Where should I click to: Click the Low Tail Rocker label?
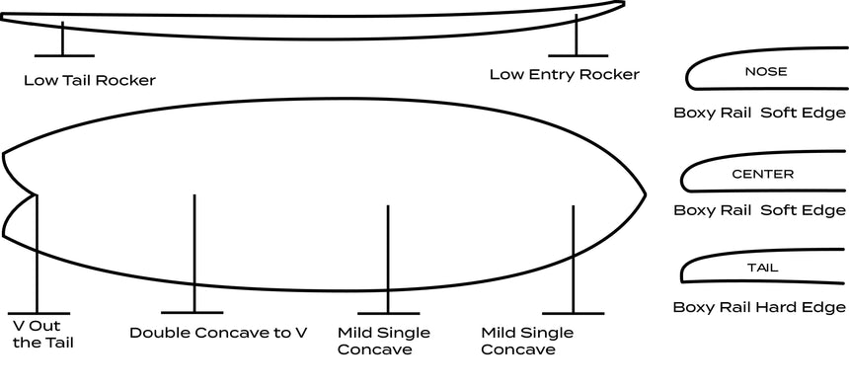click(x=90, y=81)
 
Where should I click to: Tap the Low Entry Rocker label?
click(x=565, y=74)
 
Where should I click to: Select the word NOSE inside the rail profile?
click(x=766, y=71)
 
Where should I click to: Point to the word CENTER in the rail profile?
click(x=762, y=175)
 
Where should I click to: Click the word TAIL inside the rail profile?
click(x=763, y=268)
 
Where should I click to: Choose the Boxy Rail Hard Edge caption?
click(x=759, y=307)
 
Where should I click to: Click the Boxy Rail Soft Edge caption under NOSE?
click(x=759, y=113)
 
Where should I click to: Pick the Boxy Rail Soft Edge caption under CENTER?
click(x=759, y=210)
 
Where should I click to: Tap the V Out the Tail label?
click(x=42, y=335)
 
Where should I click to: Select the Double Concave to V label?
click(x=218, y=333)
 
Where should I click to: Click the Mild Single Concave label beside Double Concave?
click(x=383, y=341)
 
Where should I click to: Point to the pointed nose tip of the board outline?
click(x=645, y=194)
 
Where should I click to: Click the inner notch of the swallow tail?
click(x=36, y=193)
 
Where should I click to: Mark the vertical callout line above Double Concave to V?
click(x=193, y=254)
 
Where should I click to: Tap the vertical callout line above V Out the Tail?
click(x=37, y=254)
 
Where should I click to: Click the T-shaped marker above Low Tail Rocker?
click(x=63, y=39)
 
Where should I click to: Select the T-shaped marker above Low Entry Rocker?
click(x=577, y=36)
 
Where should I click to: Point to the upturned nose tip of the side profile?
click(x=623, y=4)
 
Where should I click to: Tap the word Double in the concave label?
click(x=159, y=333)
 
